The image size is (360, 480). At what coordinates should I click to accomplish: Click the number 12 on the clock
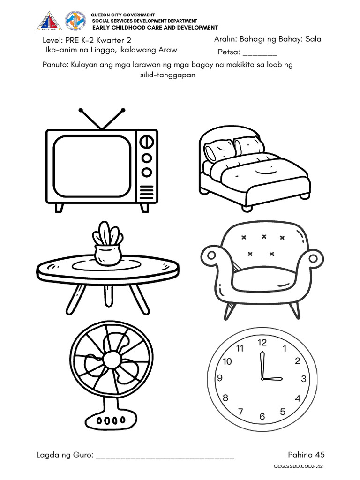point(262,343)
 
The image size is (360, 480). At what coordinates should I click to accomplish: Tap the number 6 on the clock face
point(262,416)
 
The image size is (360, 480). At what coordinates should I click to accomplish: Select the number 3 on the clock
point(303,379)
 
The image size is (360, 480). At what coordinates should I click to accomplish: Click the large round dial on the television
point(147,141)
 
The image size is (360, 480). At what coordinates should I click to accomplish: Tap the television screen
point(92,166)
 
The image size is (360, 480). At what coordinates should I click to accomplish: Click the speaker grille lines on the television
point(147,191)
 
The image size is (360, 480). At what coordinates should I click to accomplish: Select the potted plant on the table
point(108,244)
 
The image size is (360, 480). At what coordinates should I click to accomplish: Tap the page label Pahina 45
point(306,454)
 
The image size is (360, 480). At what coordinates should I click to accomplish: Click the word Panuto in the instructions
point(55,65)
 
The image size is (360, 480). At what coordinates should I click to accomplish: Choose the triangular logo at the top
point(49,21)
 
